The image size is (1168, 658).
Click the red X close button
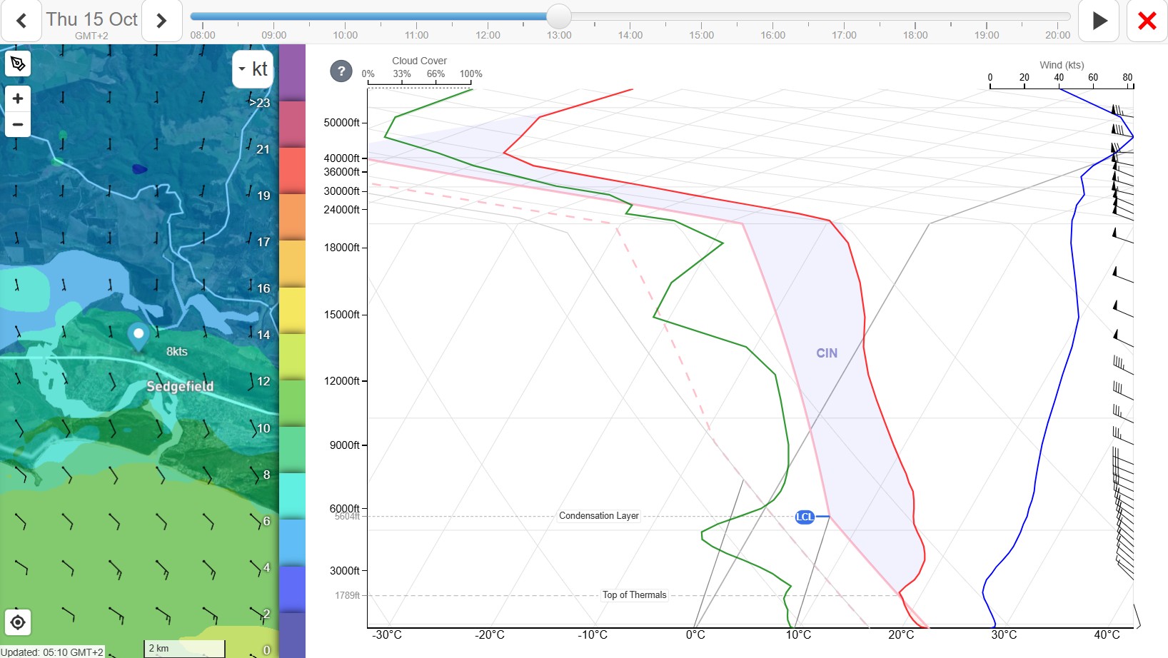pos(1147,21)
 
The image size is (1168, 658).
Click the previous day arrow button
pos(21,21)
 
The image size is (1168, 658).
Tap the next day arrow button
pos(161,21)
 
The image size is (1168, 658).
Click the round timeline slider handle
pos(558,16)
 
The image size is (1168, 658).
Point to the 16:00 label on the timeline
pos(772,35)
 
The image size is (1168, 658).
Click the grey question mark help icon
pos(341,71)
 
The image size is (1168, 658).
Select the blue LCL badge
pos(805,517)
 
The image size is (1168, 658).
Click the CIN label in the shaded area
pos(827,353)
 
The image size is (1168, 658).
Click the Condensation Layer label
pos(598,516)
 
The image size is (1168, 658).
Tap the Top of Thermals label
pos(634,595)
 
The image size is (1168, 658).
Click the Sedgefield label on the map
pos(180,386)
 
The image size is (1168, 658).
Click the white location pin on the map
pos(139,336)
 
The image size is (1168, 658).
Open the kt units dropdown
pos(253,69)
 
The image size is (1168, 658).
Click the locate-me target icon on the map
pos(18,622)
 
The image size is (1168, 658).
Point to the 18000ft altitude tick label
pos(341,248)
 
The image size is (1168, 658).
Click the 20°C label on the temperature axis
pos(901,634)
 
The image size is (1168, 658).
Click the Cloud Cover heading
pos(419,61)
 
